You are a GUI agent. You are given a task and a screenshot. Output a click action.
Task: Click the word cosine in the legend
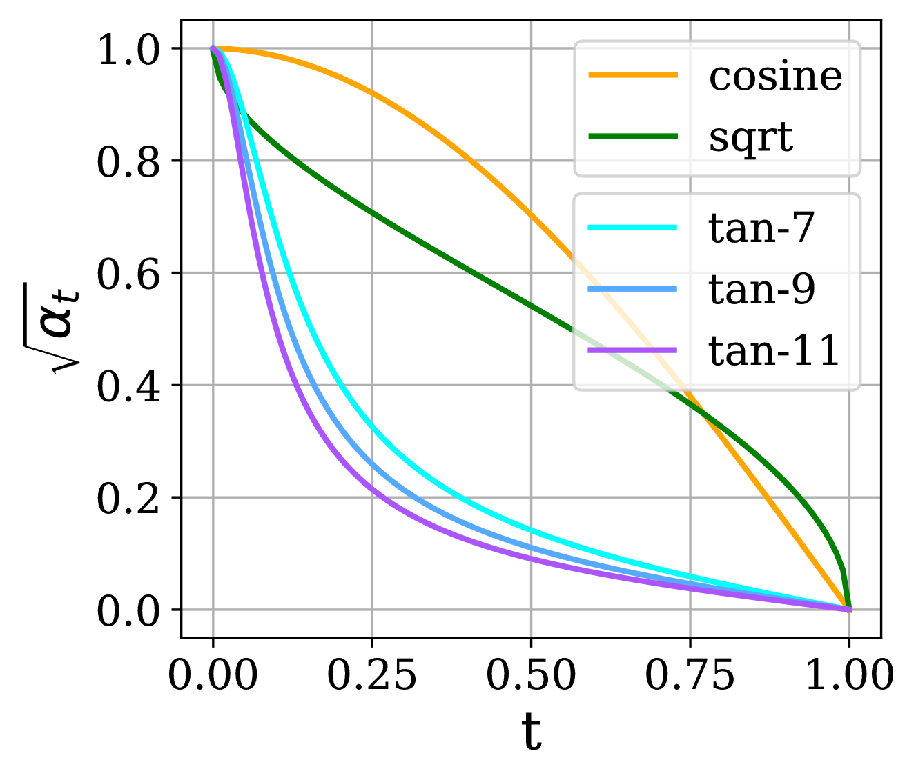click(775, 76)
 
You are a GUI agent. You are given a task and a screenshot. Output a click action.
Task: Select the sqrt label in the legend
click(750, 137)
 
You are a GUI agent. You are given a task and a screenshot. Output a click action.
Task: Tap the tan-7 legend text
click(761, 228)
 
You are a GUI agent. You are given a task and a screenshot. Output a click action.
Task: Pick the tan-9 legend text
click(761, 289)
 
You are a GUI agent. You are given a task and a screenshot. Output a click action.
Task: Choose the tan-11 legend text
click(774, 350)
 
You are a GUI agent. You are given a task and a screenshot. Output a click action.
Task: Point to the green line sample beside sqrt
click(632, 137)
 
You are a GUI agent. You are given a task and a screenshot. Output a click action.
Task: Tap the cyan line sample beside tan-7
click(632, 228)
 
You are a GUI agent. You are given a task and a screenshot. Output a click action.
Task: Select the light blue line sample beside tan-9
click(632, 289)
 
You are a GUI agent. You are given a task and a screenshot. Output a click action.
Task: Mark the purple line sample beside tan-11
click(632, 350)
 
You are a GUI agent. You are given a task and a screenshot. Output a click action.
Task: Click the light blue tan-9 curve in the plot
click(373, 466)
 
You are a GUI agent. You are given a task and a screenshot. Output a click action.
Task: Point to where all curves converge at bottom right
click(848, 608)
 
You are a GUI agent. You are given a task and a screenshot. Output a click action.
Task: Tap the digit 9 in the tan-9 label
click(803, 289)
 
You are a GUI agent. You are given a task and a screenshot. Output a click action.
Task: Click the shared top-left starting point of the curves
click(213, 48)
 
